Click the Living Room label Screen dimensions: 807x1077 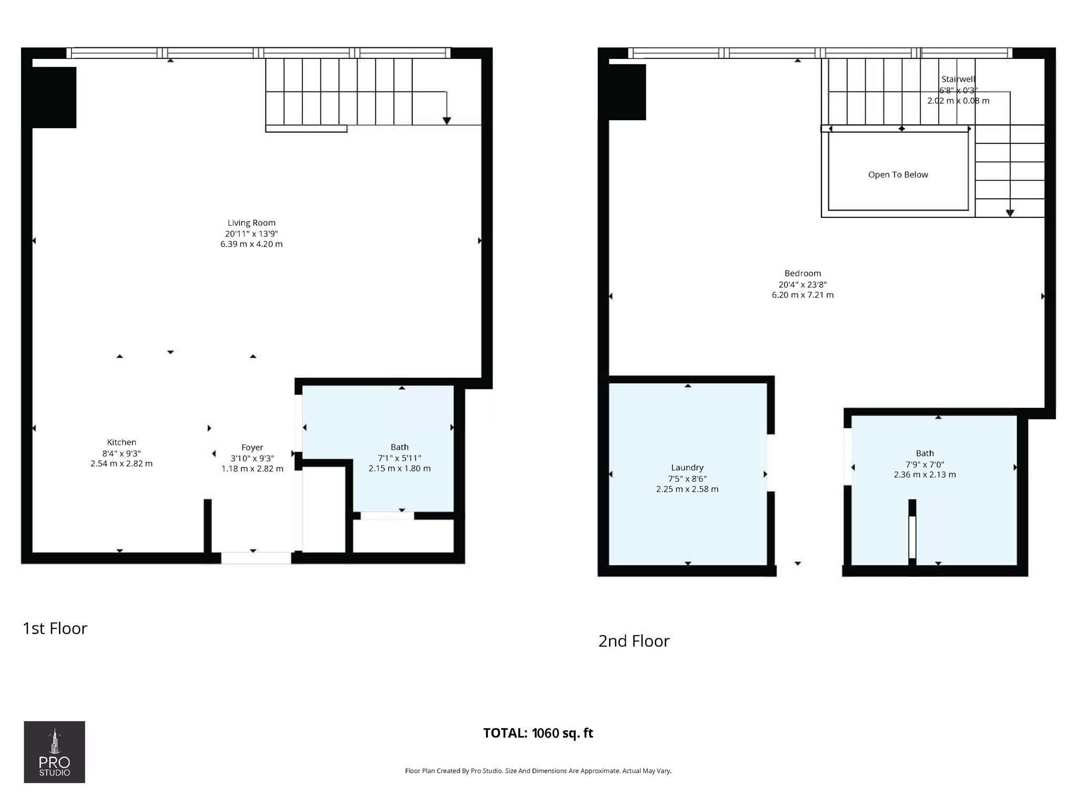click(x=251, y=223)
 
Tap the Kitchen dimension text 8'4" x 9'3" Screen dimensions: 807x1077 click(x=121, y=453)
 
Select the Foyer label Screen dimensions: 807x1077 click(x=252, y=448)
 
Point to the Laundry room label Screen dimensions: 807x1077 click(x=687, y=468)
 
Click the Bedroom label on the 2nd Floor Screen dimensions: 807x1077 click(x=802, y=273)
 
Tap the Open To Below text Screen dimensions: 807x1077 click(x=898, y=175)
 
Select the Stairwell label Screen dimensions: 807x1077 click(x=958, y=79)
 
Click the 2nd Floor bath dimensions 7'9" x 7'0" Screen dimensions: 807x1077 click(x=924, y=464)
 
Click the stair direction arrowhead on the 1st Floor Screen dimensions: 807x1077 click(x=446, y=121)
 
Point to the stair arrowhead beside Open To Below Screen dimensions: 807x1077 click(x=1010, y=213)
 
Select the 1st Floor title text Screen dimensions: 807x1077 click(x=55, y=628)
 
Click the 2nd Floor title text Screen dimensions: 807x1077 click(x=634, y=641)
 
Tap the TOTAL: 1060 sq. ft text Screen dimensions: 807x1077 click(x=538, y=733)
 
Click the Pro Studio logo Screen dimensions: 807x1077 click(x=54, y=752)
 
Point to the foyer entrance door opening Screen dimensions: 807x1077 click(x=256, y=558)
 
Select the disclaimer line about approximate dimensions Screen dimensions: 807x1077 click(x=538, y=771)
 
